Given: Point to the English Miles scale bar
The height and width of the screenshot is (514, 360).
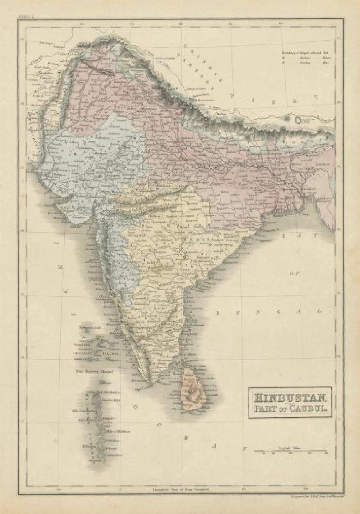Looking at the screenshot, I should tap(291, 451).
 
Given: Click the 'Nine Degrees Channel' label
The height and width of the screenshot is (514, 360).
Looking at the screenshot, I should tap(92, 372).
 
